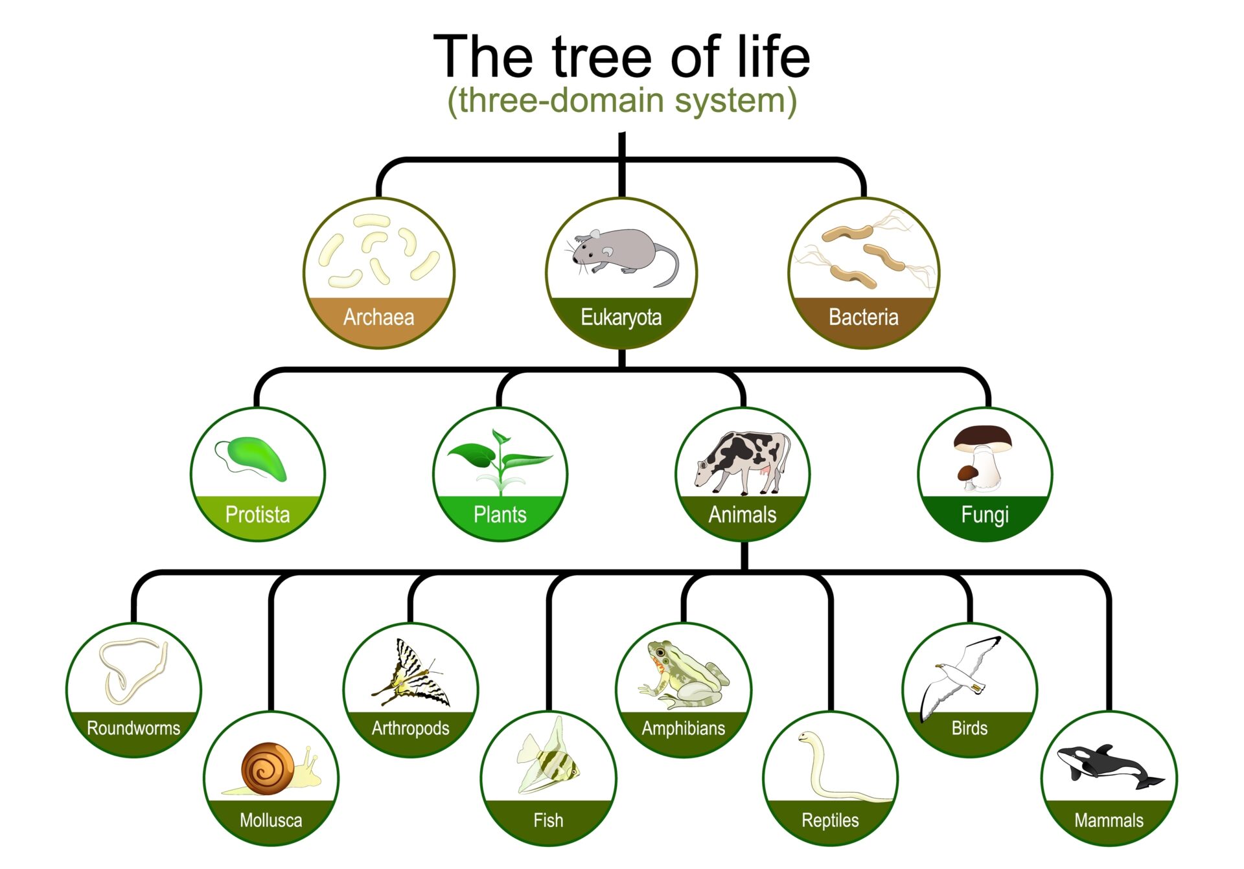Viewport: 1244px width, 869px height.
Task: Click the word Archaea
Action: point(378,317)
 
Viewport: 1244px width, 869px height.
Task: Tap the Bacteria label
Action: point(864,317)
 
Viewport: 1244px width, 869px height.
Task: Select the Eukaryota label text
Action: point(621,318)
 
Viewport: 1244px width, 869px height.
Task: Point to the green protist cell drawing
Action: point(257,457)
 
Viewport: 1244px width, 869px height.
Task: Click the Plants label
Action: point(500,515)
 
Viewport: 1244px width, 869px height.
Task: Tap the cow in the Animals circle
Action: point(743,461)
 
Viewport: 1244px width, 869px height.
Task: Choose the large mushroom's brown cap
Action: point(983,438)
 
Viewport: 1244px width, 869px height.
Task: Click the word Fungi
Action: point(985,515)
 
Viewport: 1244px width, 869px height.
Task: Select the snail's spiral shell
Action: point(268,769)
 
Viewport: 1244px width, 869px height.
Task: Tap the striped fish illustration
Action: point(548,756)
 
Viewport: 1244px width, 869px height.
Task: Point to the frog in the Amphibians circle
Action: point(684,675)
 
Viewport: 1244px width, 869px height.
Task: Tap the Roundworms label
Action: point(133,728)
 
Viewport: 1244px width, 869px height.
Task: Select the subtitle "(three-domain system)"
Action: point(622,101)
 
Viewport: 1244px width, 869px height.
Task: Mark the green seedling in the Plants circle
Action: point(500,462)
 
